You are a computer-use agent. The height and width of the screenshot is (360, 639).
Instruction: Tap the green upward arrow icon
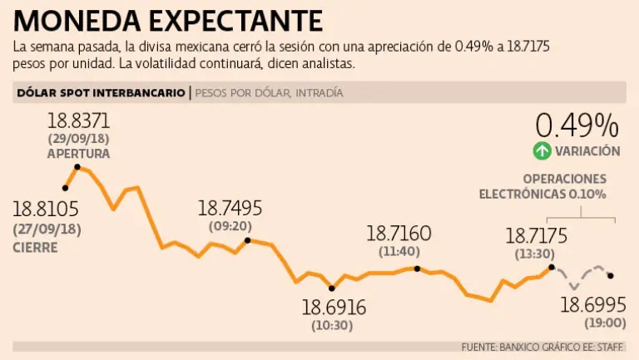pos(542,150)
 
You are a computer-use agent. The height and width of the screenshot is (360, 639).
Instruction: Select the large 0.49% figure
pos(577,125)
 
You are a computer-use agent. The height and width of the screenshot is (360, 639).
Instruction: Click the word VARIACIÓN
pos(587,150)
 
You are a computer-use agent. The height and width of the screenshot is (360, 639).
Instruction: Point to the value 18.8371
pos(78,121)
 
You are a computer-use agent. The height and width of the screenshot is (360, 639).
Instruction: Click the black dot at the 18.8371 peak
pos(77,167)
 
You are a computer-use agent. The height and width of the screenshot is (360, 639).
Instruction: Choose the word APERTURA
pos(78,153)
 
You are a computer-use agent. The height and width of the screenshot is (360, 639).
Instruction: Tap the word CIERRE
pos(36,247)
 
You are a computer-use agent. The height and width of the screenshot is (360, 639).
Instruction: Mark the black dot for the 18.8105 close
pos(65,188)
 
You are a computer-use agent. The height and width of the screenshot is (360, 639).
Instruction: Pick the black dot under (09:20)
pos(247,241)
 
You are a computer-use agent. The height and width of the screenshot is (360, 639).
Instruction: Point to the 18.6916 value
pos(334,307)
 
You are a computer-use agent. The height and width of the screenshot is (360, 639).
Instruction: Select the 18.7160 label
pos(399,233)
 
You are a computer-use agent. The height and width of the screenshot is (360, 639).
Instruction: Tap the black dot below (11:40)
pos(417,269)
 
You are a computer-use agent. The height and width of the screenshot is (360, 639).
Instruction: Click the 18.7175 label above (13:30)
pos(536,236)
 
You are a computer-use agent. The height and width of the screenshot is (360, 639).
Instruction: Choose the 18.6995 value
pos(592,304)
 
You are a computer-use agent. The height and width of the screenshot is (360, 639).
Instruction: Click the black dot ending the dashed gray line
pos(611,276)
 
